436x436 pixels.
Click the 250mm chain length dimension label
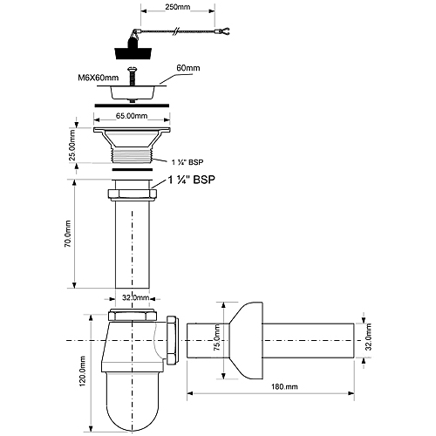(x=178, y=7)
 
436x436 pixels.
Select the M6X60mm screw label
(x=99, y=78)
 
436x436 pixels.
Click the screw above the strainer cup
(x=132, y=76)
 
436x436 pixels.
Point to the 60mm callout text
(x=188, y=68)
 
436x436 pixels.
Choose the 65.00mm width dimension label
(x=132, y=116)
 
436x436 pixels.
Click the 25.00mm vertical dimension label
(x=72, y=145)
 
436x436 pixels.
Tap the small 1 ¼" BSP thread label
(x=187, y=162)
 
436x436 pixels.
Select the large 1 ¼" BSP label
(x=192, y=180)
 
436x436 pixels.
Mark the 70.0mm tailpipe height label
(x=67, y=234)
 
